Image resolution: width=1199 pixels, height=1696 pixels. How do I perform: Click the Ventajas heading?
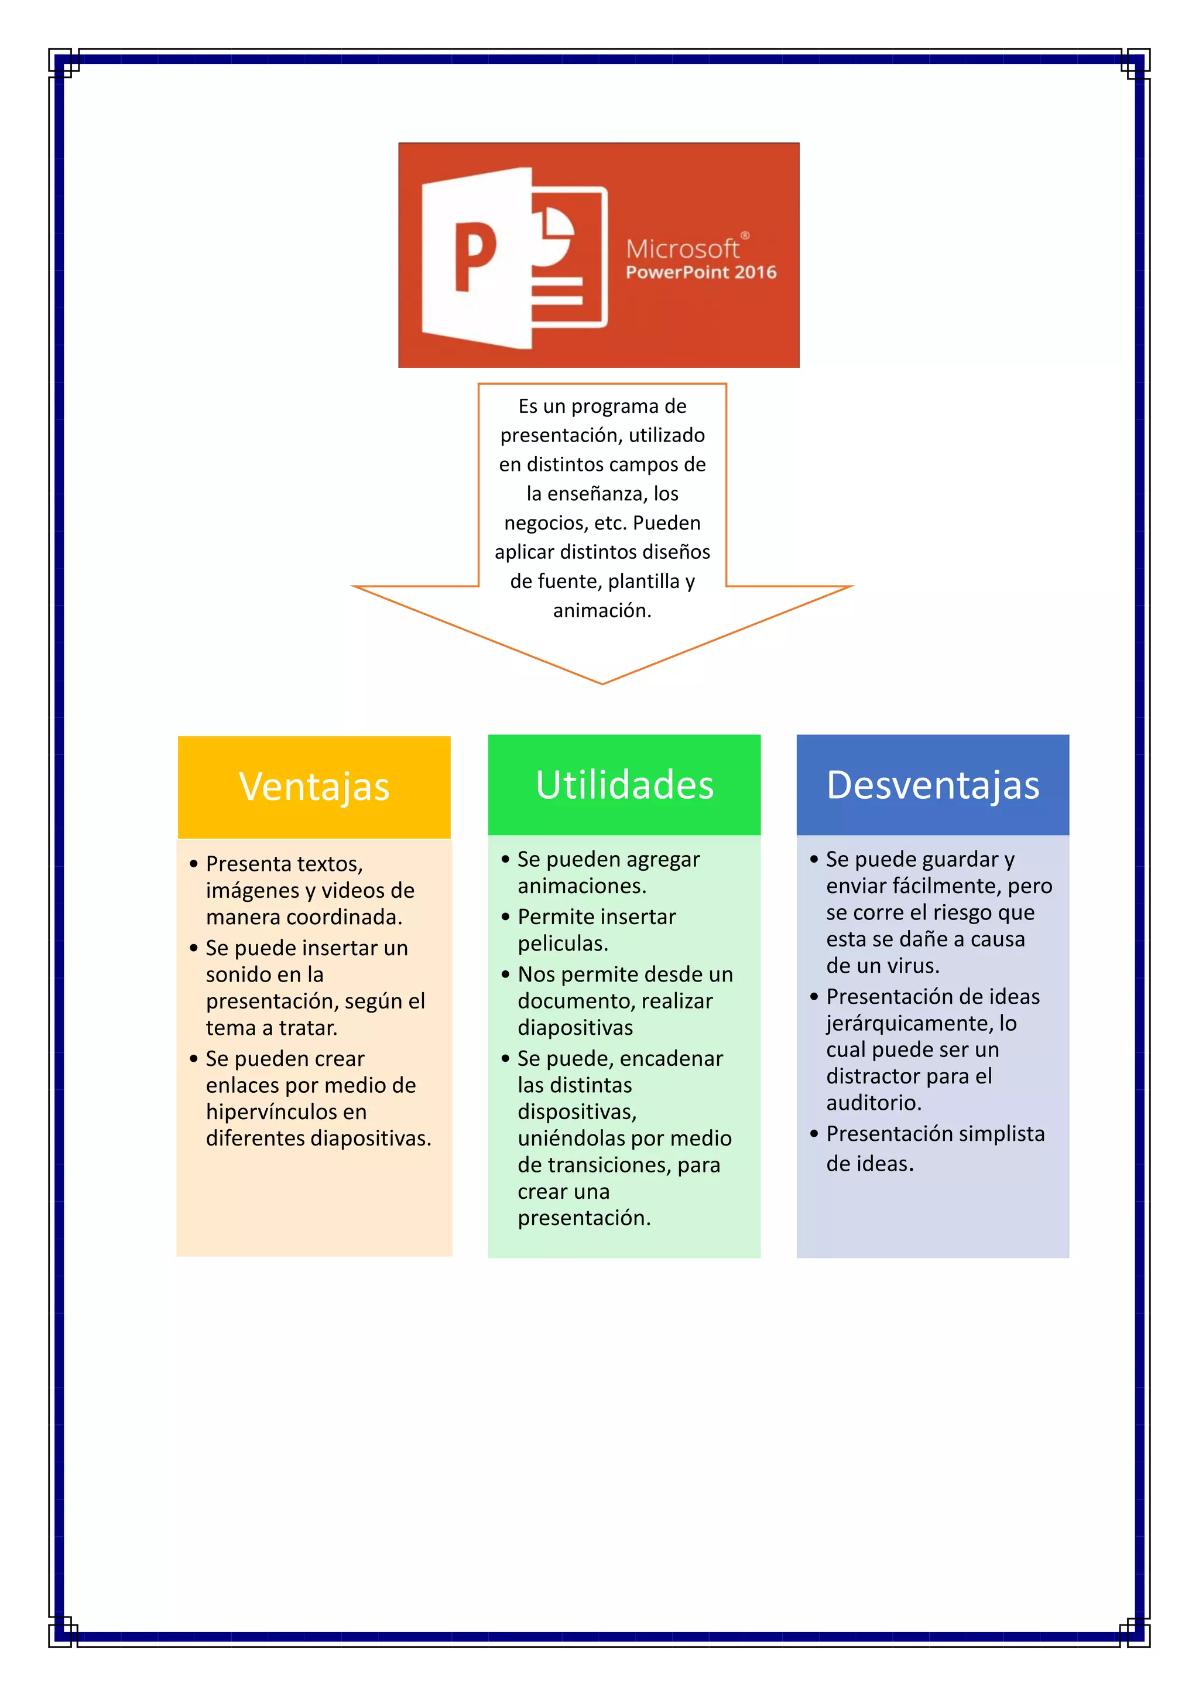pos(314,786)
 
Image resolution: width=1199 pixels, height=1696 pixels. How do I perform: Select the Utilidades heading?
pos(625,785)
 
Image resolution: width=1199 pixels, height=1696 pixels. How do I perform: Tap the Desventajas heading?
pos(933,785)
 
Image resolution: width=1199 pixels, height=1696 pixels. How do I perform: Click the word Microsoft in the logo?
pos(682,249)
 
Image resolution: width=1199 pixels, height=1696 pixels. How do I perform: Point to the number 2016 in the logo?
pos(755,272)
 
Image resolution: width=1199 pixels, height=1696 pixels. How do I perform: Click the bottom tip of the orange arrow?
pos(602,682)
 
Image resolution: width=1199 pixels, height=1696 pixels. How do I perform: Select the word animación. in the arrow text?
pos(602,611)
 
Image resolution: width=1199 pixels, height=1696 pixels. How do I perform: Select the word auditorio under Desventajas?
pos(873,1103)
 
